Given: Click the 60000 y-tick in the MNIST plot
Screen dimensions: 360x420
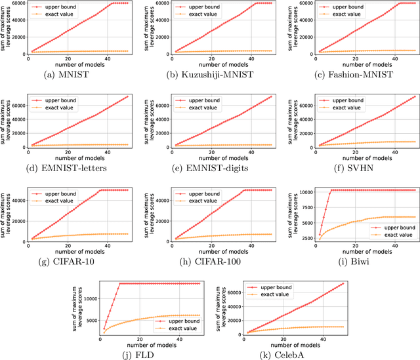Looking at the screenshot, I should [x=16, y=3].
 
